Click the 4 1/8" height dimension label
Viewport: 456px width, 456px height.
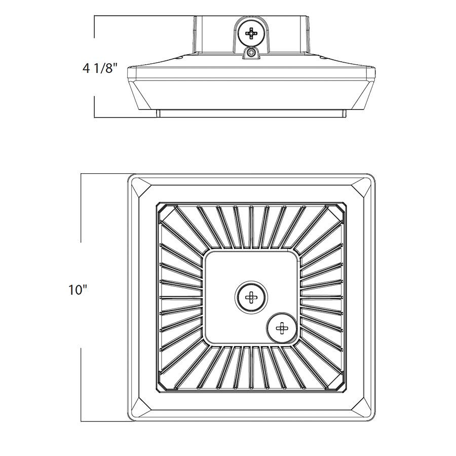click(x=100, y=67)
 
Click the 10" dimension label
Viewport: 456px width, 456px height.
click(x=78, y=290)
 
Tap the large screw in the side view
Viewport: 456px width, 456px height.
click(x=251, y=33)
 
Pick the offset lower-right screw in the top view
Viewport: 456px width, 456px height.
click(x=282, y=328)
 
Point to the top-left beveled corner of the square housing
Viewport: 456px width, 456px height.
click(x=141, y=189)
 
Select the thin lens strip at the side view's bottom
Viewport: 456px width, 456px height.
click(x=251, y=113)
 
